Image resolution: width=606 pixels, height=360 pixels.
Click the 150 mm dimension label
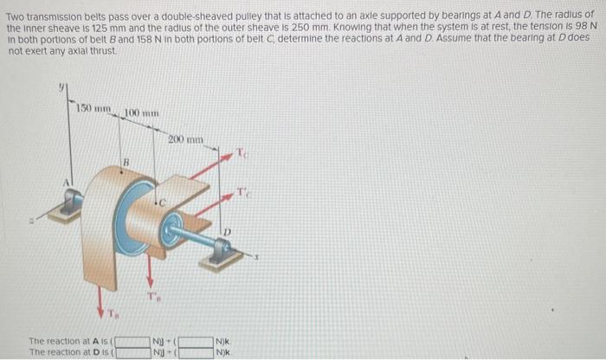92,107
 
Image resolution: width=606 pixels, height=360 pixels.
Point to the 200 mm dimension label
184,138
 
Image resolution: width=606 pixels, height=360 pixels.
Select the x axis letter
256,257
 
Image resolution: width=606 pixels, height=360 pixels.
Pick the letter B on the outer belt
126,161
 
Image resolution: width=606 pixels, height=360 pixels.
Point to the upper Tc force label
245,153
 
